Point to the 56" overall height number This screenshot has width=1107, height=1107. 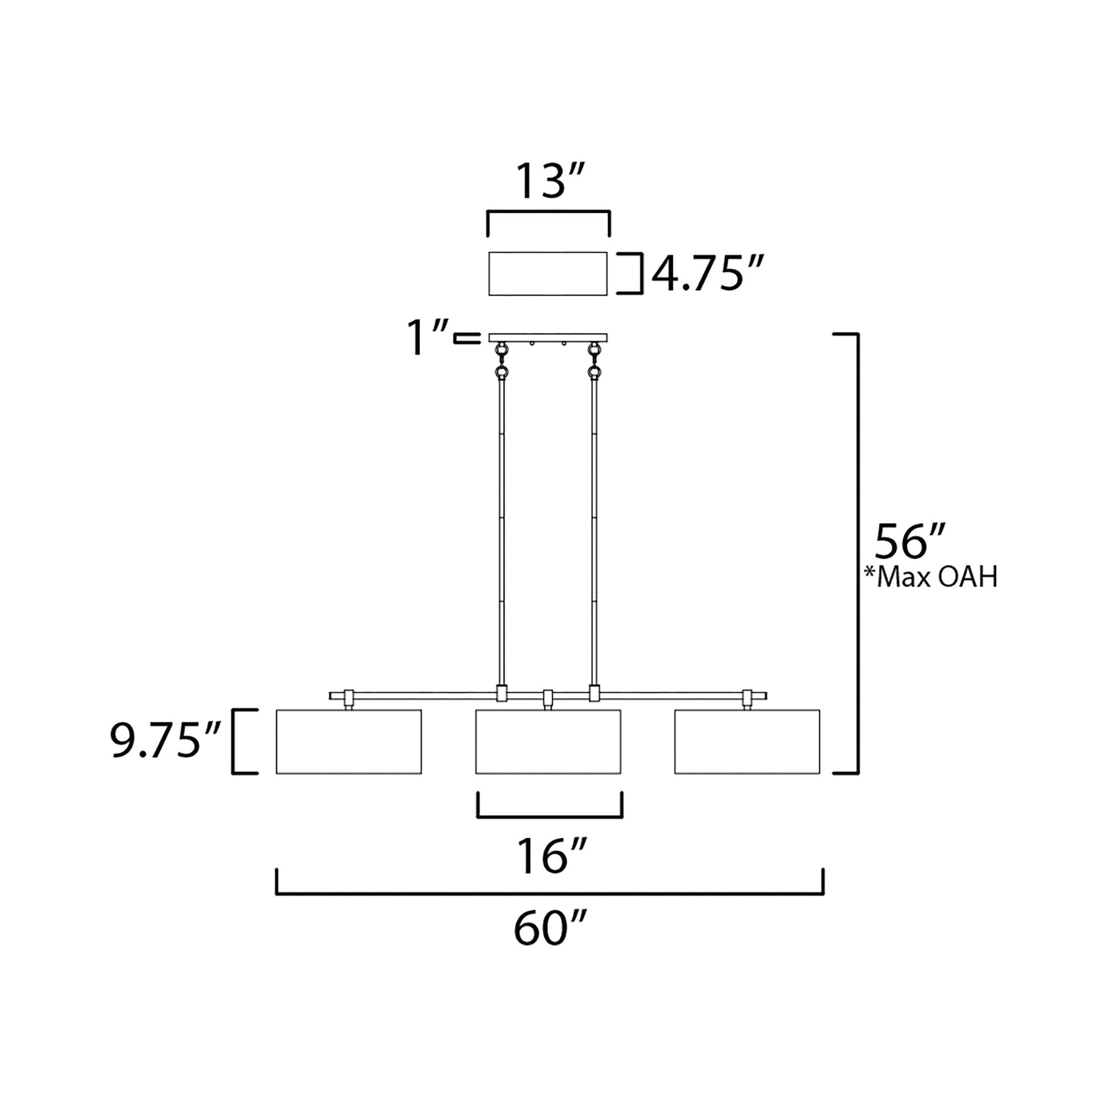908,541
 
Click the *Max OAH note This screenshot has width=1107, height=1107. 931,577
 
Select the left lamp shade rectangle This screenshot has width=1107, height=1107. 349,741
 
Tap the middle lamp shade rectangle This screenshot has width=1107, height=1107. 548,741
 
